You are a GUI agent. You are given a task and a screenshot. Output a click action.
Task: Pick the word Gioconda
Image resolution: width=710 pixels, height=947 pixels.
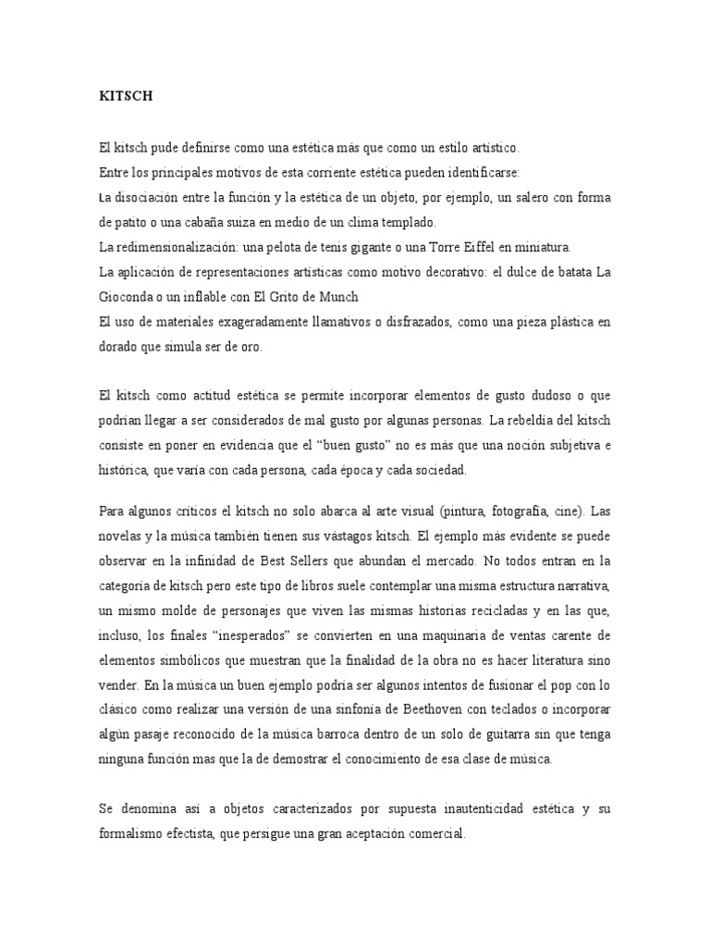tap(128, 296)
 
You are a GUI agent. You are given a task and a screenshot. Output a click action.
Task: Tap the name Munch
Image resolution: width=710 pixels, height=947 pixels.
tap(336, 296)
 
